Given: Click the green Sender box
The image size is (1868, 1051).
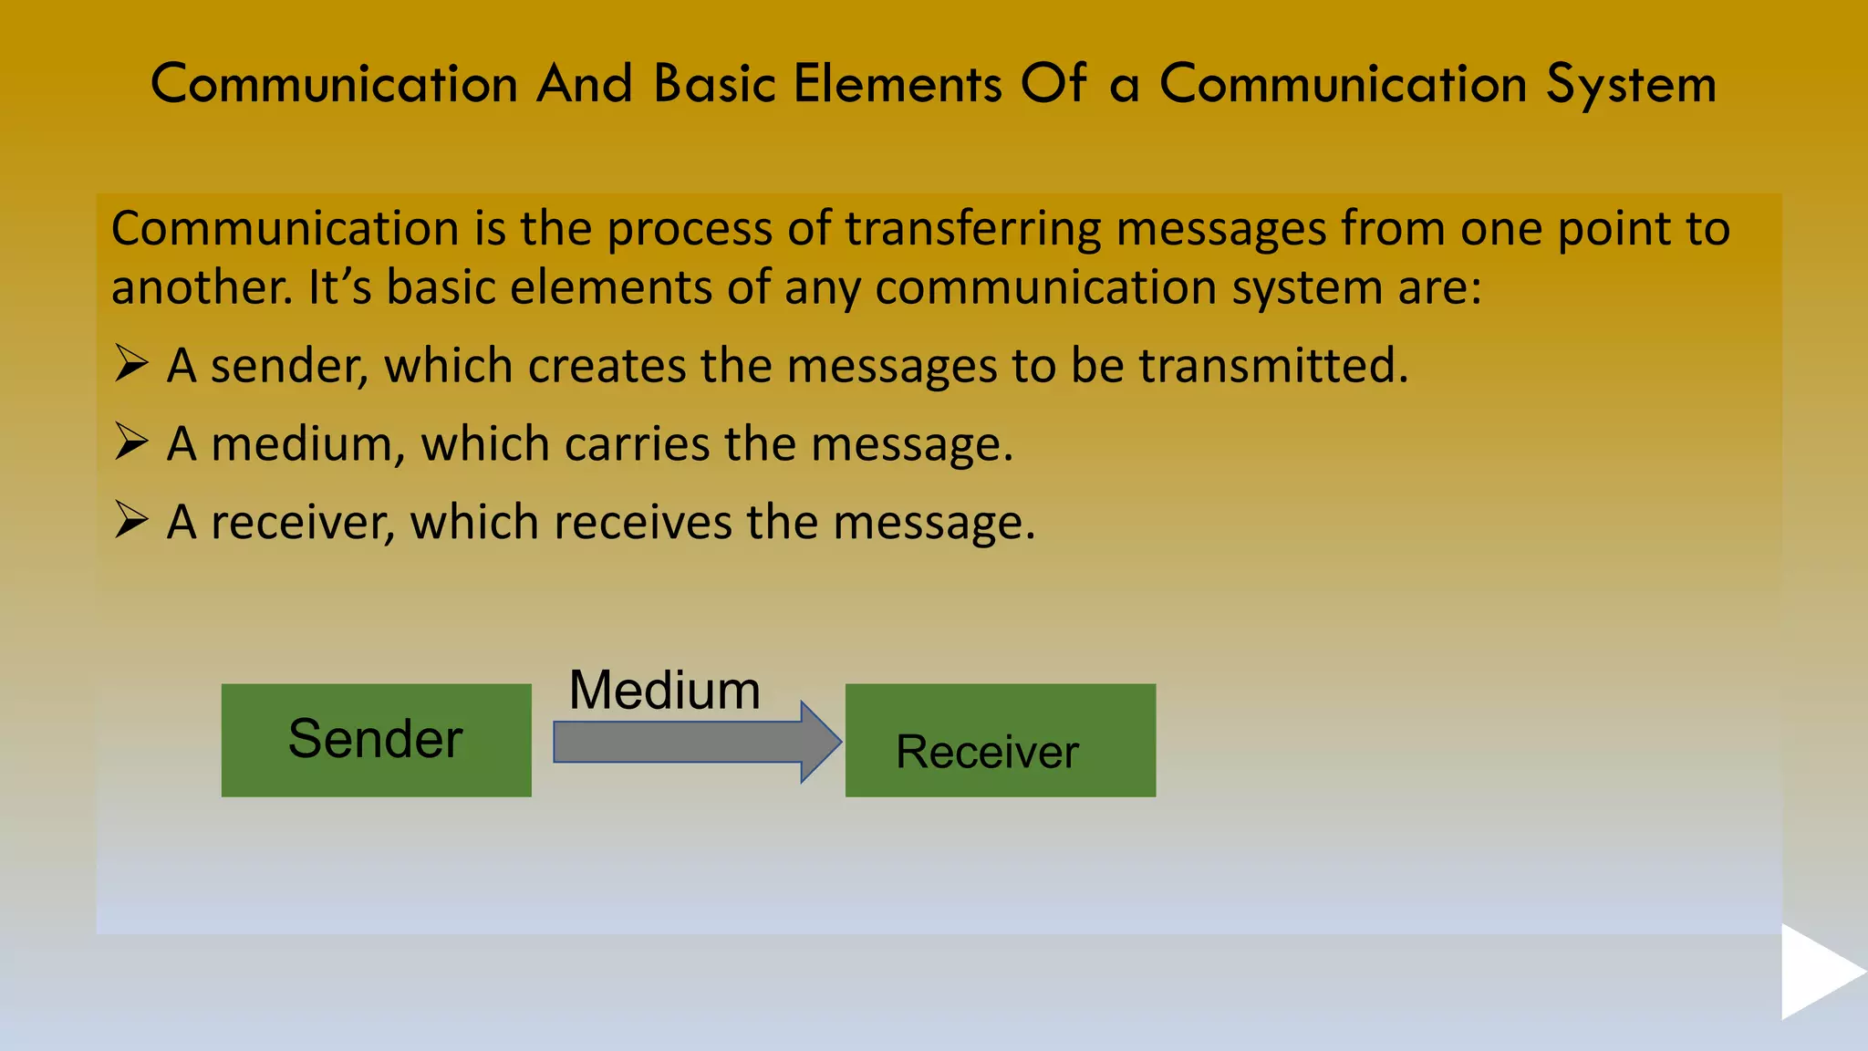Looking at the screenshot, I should tap(376, 740).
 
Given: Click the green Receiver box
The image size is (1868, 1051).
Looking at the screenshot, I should tap(1000, 740).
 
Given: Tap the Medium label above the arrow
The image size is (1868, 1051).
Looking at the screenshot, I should tap(664, 690).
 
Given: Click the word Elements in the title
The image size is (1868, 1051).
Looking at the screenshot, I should tap(898, 85).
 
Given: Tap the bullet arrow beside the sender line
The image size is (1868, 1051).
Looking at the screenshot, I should tap(131, 364).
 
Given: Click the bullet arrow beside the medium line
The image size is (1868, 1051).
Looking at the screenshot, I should tap(131, 442).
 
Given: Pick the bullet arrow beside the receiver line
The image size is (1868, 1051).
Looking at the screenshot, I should tap(131, 521).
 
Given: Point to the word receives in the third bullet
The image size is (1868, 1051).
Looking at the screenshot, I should tap(642, 523).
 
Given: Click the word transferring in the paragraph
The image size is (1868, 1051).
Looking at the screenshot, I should tap(972, 228).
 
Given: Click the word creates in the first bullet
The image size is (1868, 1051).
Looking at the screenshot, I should tap(607, 366).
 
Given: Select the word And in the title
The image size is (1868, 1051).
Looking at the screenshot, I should tap(584, 85).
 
